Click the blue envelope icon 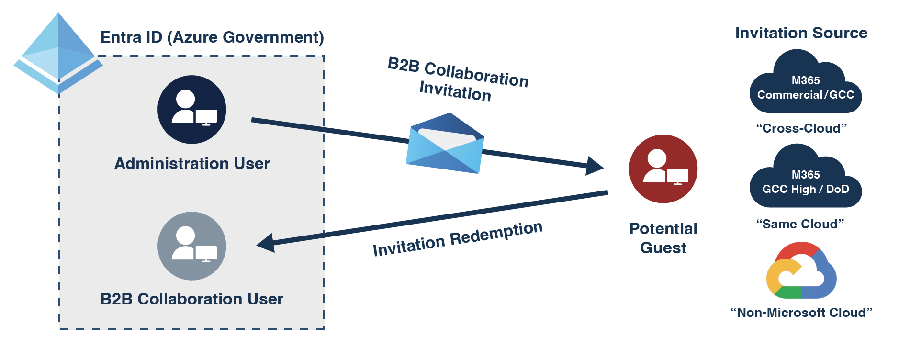[445, 144]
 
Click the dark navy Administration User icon [192, 110]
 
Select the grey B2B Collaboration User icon [192, 246]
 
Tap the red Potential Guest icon [663, 169]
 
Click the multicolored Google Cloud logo [801, 271]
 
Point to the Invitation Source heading [801, 33]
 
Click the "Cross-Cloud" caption [801, 128]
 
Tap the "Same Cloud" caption [800, 224]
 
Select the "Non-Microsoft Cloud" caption [801, 313]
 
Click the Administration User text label [192, 164]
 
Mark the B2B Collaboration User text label [191, 299]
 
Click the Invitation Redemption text [458, 238]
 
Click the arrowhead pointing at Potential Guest [595, 166]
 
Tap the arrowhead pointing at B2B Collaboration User [266, 243]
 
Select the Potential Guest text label [663, 238]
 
